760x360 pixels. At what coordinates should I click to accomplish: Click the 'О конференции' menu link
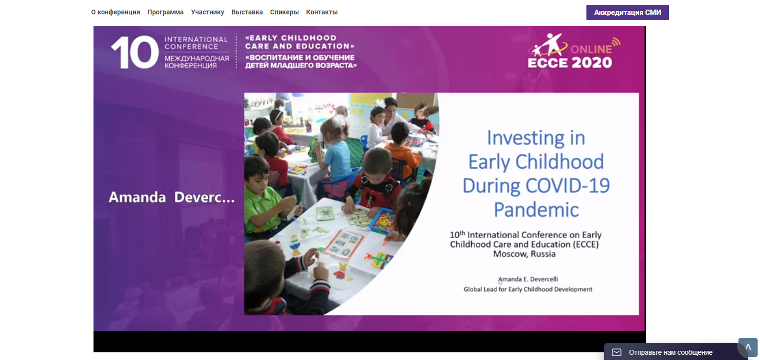116,12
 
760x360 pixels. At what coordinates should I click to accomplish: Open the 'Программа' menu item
165,12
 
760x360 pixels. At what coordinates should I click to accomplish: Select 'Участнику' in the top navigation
207,12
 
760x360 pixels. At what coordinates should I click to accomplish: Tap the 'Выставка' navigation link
247,12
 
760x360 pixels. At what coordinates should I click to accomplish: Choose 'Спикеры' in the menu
284,12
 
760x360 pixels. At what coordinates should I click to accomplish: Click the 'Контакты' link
322,12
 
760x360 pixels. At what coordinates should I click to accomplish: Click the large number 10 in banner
135,52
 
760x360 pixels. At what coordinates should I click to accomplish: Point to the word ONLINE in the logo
591,49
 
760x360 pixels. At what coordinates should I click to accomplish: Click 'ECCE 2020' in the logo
570,63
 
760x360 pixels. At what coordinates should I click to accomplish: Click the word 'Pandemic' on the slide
536,209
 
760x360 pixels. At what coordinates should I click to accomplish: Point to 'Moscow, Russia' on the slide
524,254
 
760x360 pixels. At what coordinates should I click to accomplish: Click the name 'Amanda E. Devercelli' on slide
528,279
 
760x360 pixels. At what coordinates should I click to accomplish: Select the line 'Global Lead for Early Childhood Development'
528,290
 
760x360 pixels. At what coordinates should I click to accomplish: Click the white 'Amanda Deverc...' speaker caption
171,197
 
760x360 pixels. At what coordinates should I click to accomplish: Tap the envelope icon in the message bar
617,352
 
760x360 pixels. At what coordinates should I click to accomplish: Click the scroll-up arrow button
748,348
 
